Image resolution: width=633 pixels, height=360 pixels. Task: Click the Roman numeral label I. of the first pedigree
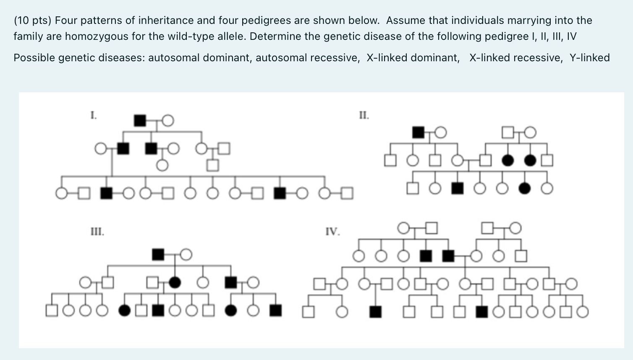click(94, 115)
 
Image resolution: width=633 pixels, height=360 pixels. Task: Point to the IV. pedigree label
click(332, 232)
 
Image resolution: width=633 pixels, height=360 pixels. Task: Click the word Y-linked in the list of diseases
click(589, 58)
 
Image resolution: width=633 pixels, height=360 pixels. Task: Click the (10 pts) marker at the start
click(32, 21)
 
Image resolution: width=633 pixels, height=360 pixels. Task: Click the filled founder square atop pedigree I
click(140, 121)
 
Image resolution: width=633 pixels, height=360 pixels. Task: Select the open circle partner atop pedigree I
click(167, 121)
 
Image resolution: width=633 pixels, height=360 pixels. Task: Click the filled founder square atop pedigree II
click(418, 133)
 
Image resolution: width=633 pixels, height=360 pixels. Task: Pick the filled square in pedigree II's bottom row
click(457, 189)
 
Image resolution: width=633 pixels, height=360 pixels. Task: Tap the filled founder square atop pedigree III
click(158, 254)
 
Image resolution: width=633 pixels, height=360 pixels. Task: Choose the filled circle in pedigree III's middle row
click(175, 283)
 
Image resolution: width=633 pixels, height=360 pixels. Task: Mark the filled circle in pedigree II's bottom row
click(524, 189)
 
